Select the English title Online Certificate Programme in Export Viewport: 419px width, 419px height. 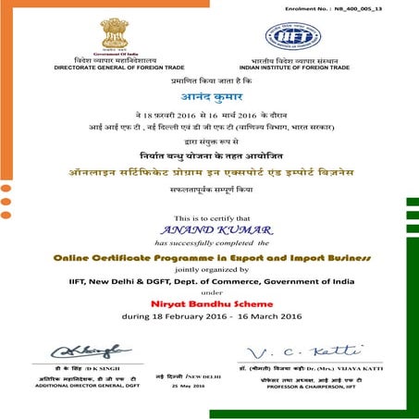(x=209, y=253)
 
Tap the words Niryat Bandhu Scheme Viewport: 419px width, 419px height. (x=209, y=302)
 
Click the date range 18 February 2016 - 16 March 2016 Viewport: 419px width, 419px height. (x=209, y=316)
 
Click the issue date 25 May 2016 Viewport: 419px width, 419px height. (x=188, y=387)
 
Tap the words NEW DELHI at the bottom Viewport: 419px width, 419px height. (x=204, y=376)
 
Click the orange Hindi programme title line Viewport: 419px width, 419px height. (x=209, y=173)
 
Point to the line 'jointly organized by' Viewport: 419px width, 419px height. (x=209, y=267)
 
